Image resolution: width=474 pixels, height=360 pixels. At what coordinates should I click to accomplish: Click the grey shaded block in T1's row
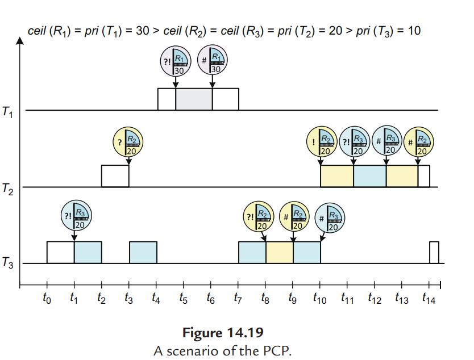click(x=194, y=99)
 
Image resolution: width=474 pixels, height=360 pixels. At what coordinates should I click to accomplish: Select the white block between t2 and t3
click(x=115, y=175)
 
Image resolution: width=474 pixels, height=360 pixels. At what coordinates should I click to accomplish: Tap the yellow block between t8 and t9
click(x=279, y=252)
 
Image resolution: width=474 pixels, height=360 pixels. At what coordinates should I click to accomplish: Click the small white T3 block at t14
click(x=434, y=252)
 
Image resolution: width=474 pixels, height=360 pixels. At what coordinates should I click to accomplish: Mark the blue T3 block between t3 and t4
click(x=143, y=252)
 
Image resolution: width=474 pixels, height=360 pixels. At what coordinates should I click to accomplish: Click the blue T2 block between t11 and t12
click(x=369, y=175)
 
